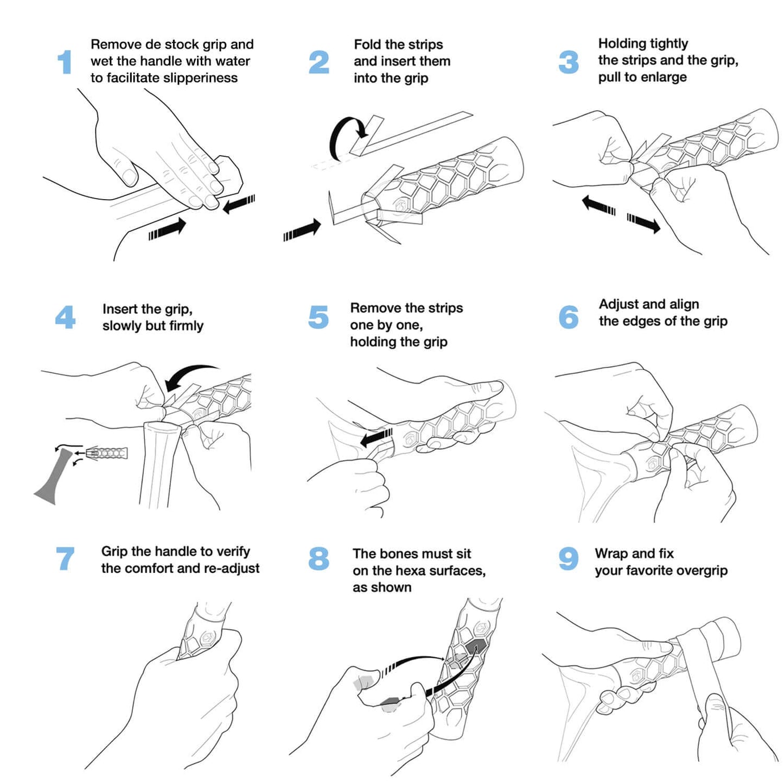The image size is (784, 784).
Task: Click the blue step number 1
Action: [x=65, y=62]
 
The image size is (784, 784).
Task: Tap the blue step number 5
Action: [x=318, y=317]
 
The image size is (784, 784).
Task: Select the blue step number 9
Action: [x=569, y=558]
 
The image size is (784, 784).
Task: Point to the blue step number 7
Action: [x=65, y=558]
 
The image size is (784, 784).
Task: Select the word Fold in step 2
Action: [x=367, y=44]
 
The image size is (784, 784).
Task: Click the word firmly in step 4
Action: [x=186, y=326]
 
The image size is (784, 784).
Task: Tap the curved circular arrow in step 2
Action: [x=345, y=136]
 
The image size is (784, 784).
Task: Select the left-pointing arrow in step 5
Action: [x=376, y=437]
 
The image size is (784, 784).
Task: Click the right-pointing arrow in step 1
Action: [x=168, y=228]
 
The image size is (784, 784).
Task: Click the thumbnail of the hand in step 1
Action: [x=130, y=176]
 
